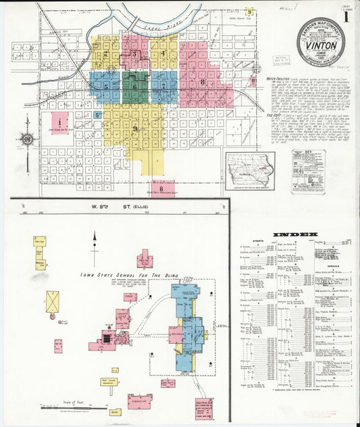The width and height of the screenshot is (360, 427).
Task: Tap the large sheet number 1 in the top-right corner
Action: (x=347, y=16)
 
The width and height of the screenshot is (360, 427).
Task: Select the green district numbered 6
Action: (x=135, y=86)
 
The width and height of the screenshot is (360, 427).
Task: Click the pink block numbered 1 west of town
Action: (x=60, y=122)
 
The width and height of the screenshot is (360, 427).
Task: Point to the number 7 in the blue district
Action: (x=163, y=86)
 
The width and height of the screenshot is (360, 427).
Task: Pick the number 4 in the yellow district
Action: (x=162, y=53)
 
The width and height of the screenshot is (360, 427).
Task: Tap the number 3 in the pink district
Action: (x=134, y=54)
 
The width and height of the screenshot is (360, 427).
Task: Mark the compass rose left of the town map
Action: (x=27, y=139)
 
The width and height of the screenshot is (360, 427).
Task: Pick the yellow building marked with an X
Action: (x=52, y=301)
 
